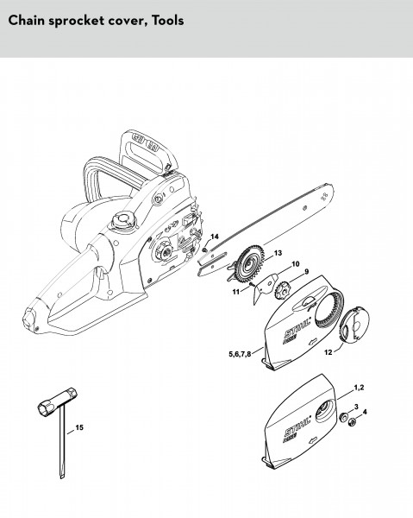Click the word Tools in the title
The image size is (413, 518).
pyautogui.click(x=167, y=21)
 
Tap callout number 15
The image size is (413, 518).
pyautogui.click(x=79, y=427)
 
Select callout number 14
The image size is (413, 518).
pyautogui.click(x=215, y=237)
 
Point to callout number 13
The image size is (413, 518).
pyautogui.click(x=278, y=253)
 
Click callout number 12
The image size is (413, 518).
pyautogui.click(x=329, y=352)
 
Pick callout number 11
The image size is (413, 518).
pyautogui.click(x=236, y=292)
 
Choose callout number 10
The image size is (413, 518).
pyautogui.click(x=296, y=263)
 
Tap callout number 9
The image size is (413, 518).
pyautogui.click(x=307, y=272)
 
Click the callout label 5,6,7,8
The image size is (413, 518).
pyautogui.click(x=240, y=354)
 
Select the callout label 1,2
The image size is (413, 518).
pyautogui.click(x=359, y=388)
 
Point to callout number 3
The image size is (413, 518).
pyautogui.click(x=356, y=407)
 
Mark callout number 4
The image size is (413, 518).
pyautogui.click(x=365, y=412)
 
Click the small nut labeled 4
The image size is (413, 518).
pyautogui.click(x=353, y=421)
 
